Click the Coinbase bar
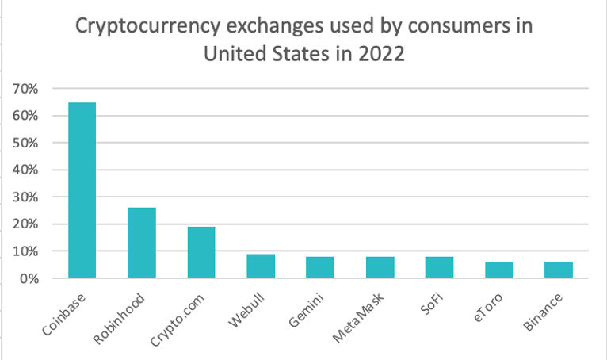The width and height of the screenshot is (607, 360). (82, 190)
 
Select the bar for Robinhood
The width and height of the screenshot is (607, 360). (141, 243)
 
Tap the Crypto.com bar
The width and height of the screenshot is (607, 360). (201, 252)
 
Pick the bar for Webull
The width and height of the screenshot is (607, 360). (261, 266)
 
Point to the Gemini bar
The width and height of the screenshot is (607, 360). (320, 267)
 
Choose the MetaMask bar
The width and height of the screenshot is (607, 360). (380, 267)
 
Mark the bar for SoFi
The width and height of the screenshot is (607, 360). (440, 267)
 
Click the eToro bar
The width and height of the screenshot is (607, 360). (499, 270)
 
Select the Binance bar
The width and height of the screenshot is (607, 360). (559, 270)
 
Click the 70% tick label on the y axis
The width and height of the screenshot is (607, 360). (25, 89)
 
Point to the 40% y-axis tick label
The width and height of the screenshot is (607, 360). (25, 170)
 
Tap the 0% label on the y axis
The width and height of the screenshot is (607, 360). (28, 278)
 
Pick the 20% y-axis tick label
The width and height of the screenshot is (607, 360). (25, 224)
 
